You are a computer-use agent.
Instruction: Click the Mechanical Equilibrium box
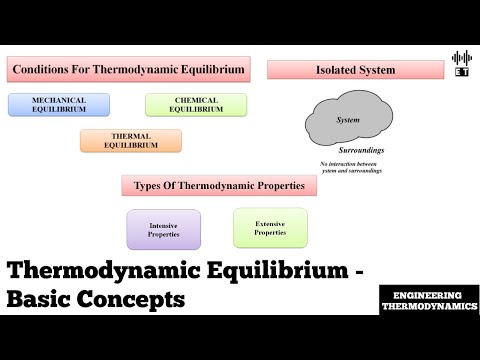(59, 104)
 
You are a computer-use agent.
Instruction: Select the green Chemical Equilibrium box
(195, 104)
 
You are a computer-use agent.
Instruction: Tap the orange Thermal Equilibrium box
(131, 140)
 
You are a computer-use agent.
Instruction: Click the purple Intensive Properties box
(163, 229)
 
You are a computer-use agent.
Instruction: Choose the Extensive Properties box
(270, 227)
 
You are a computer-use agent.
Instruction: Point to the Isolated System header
(355, 70)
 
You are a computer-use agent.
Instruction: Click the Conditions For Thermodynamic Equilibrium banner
(128, 69)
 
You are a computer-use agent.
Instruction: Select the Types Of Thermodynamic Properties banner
(219, 185)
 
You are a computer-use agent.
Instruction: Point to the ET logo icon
(461, 63)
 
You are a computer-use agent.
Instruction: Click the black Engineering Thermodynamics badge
(429, 301)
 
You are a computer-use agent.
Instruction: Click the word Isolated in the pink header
(334, 70)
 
